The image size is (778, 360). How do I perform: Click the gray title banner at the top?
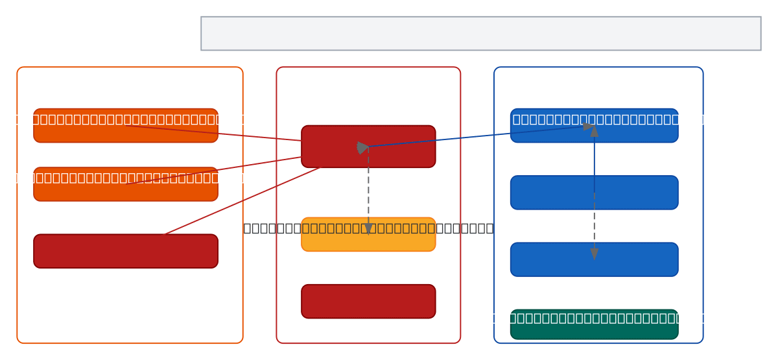click(480, 34)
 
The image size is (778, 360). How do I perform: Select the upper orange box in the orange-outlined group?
click(125, 126)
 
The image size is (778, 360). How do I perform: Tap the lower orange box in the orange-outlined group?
click(125, 184)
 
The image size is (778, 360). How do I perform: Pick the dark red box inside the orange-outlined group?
click(125, 251)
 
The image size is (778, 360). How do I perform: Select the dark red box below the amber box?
click(368, 302)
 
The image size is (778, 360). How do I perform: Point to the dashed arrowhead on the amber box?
click(368, 228)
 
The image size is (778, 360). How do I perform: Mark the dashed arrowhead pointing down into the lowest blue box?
click(594, 253)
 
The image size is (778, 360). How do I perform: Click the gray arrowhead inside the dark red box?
click(362, 147)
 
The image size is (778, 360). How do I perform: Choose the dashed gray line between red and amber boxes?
click(368, 188)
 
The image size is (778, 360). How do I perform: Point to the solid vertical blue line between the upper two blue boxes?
click(594, 162)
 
